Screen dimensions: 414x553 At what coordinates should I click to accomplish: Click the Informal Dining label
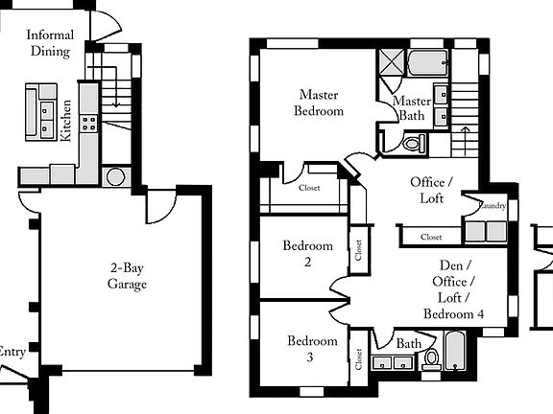(x=49, y=42)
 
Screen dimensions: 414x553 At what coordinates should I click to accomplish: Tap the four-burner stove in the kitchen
(x=89, y=123)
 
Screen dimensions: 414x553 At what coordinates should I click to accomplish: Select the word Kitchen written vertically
(x=66, y=122)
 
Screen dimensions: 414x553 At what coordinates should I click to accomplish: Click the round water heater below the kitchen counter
(x=117, y=176)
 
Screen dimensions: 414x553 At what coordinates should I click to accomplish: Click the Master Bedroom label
(x=321, y=103)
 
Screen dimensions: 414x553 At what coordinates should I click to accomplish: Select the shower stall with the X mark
(x=390, y=63)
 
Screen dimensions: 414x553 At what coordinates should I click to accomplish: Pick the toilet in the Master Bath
(x=413, y=145)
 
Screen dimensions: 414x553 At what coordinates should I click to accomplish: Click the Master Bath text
(x=412, y=107)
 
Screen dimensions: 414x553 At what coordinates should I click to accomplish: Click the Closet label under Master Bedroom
(x=309, y=188)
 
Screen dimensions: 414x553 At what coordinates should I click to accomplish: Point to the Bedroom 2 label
(x=308, y=254)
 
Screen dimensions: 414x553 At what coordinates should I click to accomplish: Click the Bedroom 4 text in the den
(x=453, y=314)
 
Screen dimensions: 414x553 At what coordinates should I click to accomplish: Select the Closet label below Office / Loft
(x=431, y=237)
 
